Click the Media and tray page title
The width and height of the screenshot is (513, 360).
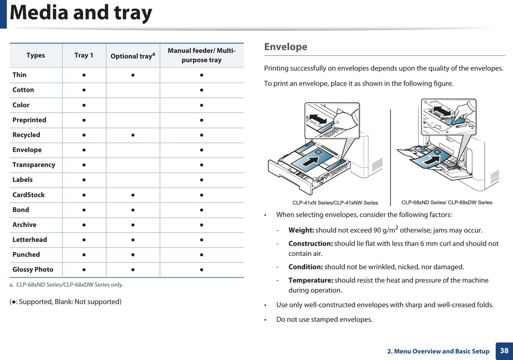(x=81, y=13)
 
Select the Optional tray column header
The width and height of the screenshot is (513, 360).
(x=132, y=56)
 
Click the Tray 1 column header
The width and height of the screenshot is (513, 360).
(x=84, y=55)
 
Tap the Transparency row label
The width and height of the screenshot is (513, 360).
(x=34, y=165)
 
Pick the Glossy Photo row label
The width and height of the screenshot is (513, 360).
(x=33, y=270)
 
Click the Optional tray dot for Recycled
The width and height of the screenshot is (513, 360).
(x=133, y=135)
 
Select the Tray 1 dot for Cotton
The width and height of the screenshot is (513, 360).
(x=84, y=90)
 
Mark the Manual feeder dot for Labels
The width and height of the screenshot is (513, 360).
(x=201, y=180)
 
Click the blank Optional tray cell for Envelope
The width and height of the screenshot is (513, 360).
(x=133, y=150)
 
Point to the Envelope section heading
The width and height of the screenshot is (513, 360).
(x=285, y=47)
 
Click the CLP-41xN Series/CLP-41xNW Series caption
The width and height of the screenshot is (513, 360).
(x=335, y=203)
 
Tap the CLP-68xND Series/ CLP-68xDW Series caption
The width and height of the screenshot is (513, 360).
(x=447, y=202)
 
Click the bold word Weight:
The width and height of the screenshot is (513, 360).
(x=301, y=230)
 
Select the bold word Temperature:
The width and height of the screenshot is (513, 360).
(x=311, y=280)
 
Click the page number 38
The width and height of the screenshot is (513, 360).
(x=504, y=351)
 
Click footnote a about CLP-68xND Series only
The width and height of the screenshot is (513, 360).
(x=67, y=285)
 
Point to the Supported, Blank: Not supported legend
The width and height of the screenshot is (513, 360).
(x=66, y=302)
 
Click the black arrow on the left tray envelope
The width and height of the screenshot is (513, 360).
(x=311, y=162)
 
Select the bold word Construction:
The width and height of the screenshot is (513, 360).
(x=310, y=244)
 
